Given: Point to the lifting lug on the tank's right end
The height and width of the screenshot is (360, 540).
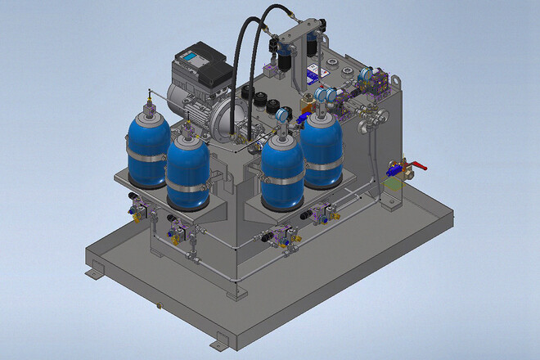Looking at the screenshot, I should coord(395,83).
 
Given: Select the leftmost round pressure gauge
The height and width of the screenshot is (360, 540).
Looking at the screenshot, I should coord(283,115).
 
